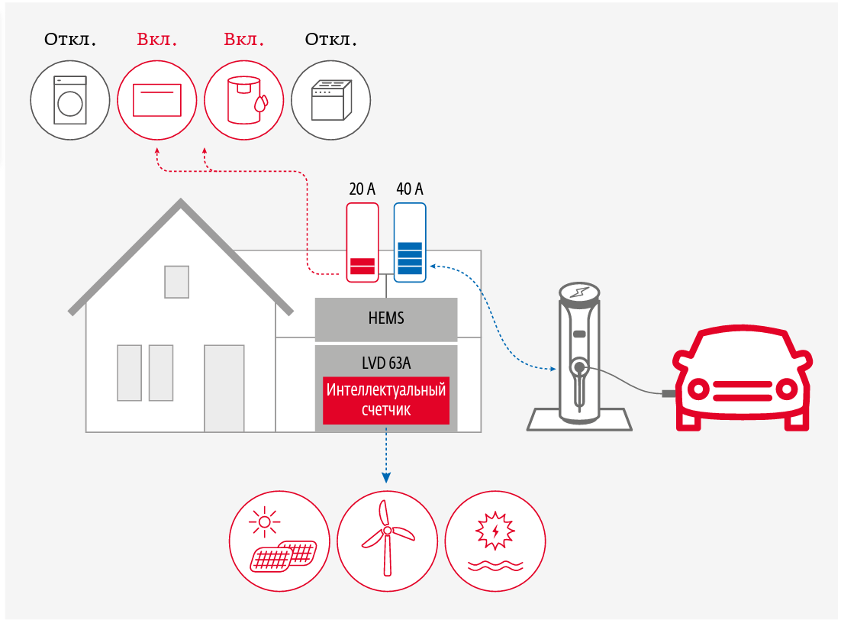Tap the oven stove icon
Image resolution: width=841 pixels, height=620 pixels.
click(331, 99)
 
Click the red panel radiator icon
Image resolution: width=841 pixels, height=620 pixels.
click(156, 99)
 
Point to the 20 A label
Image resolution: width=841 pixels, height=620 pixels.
click(362, 189)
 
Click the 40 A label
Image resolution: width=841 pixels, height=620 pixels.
click(410, 189)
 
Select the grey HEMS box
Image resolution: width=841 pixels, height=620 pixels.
click(386, 319)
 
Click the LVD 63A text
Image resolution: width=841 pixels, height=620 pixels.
click(386, 361)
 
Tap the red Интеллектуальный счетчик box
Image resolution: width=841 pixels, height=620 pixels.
click(386, 400)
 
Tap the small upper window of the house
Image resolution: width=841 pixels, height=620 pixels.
click(177, 282)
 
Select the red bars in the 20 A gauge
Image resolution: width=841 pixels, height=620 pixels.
click(362, 266)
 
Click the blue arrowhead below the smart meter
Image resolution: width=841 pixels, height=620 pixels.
click(386, 478)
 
